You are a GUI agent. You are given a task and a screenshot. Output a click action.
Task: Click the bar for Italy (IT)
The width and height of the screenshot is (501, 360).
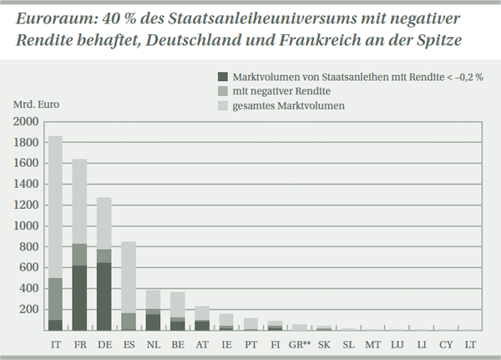(55, 234)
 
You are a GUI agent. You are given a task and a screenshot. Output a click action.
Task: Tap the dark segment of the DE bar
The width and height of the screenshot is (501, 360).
(104, 297)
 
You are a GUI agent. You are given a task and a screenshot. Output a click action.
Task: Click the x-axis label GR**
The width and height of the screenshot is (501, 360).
(300, 343)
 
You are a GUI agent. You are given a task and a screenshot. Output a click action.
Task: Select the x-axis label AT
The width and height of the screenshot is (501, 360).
(201, 343)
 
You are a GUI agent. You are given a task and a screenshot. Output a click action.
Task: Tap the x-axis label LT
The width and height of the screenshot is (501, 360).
(471, 343)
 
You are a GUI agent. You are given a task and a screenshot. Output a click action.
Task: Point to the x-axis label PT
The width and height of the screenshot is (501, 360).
(250, 343)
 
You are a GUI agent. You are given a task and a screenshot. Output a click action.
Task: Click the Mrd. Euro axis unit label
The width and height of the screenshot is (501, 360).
(37, 106)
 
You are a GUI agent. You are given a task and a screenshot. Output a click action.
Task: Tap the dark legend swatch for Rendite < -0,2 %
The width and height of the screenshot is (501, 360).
(222, 75)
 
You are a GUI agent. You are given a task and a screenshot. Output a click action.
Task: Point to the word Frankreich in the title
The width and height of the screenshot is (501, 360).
(328, 41)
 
